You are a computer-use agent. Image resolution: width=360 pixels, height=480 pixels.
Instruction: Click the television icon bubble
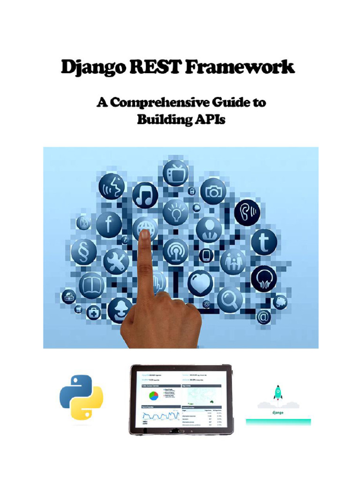(x=175, y=173)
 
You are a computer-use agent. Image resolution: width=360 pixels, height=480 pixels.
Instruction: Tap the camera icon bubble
(x=213, y=191)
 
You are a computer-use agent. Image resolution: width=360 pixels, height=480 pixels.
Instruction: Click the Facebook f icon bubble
(x=109, y=225)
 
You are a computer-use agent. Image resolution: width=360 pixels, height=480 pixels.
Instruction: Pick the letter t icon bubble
(x=264, y=242)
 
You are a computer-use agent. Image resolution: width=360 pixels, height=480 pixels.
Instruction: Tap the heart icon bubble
(x=200, y=283)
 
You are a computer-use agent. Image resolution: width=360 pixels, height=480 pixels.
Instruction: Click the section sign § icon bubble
(x=84, y=252)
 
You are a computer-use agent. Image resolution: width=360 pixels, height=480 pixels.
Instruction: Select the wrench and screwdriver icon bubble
(x=116, y=261)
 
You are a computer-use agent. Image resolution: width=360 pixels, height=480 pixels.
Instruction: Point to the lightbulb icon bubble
(x=175, y=212)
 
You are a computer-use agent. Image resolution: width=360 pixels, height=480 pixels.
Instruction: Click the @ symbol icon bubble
(x=263, y=317)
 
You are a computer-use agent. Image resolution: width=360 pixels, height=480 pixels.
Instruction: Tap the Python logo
(x=81, y=397)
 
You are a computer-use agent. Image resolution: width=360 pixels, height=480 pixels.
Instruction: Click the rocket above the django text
(x=278, y=392)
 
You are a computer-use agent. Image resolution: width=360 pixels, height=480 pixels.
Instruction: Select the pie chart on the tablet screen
(x=153, y=396)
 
